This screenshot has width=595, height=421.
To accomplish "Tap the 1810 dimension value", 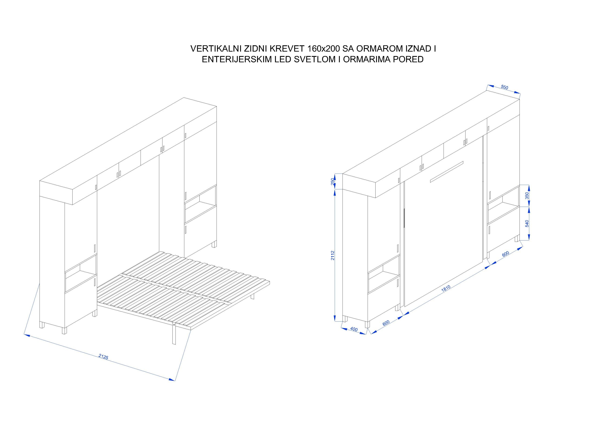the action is [446, 288].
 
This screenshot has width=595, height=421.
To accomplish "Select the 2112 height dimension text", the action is [333, 255].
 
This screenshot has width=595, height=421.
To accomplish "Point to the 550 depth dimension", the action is [504, 87].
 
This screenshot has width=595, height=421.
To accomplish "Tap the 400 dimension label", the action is [354, 329].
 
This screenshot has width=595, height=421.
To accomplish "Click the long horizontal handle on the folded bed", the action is [446, 172].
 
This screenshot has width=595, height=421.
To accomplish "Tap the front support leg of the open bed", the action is [174, 334].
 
